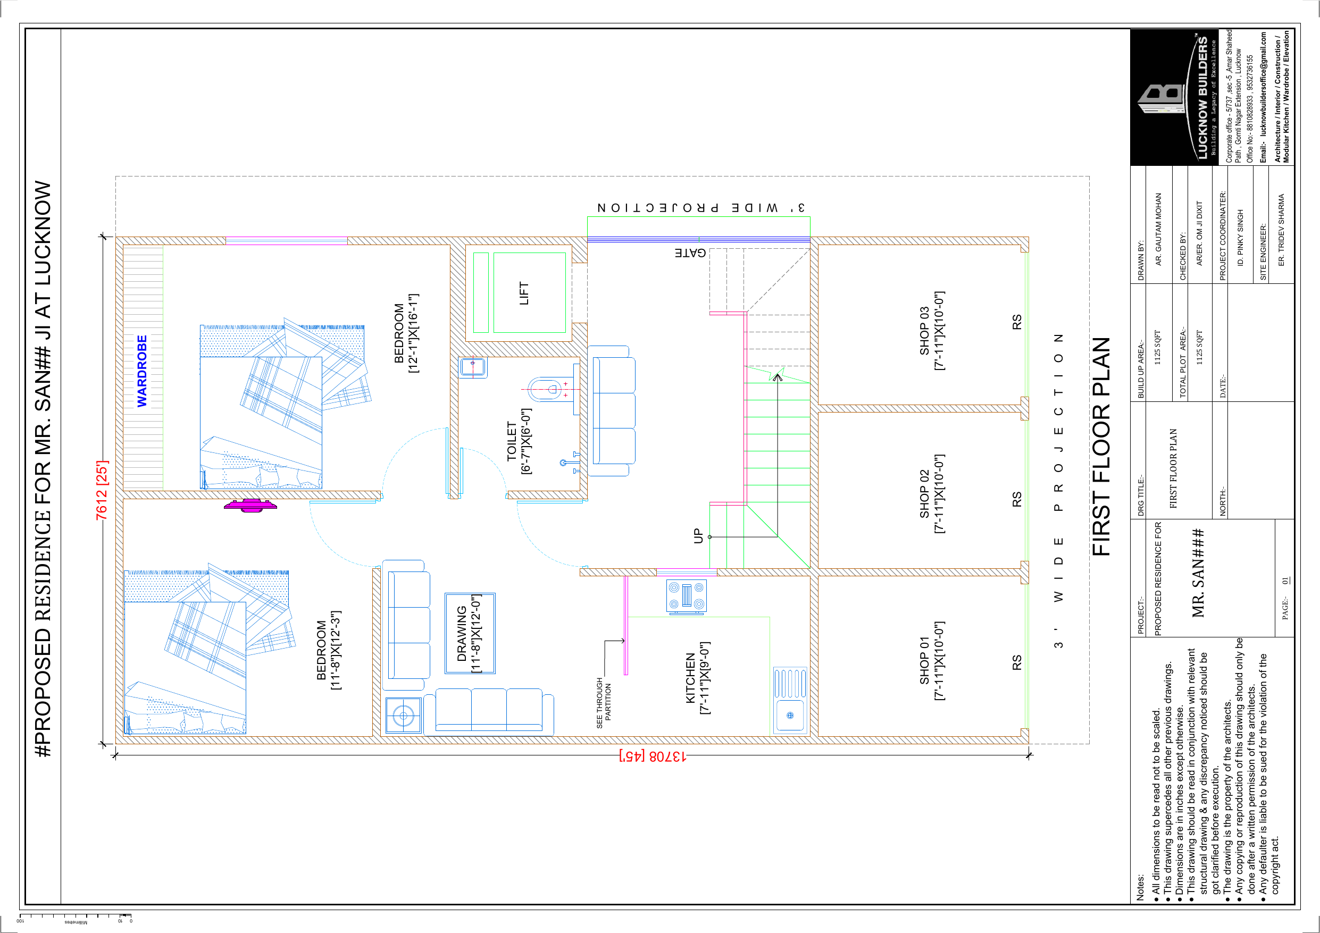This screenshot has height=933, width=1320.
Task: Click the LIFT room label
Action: (524, 293)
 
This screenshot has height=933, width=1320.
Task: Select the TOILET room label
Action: (519, 441)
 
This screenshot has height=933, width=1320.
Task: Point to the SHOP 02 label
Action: (932, 494)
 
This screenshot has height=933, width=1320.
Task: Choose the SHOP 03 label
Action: (932, 331)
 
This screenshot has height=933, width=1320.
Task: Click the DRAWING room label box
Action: (470, 634)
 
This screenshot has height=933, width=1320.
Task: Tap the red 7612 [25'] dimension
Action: (101, 490)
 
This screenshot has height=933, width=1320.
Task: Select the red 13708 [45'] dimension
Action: (653, 756)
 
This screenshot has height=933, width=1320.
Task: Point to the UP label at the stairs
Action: (698, 536)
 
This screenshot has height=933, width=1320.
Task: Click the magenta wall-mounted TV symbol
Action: (250, 505)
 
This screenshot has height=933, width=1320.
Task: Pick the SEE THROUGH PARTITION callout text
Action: (604, 702)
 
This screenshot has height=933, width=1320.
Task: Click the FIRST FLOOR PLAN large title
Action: (1101, 446)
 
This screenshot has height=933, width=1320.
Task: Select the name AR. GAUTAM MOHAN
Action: (1158, 229)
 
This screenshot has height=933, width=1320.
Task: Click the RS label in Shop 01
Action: (1017, 662)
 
